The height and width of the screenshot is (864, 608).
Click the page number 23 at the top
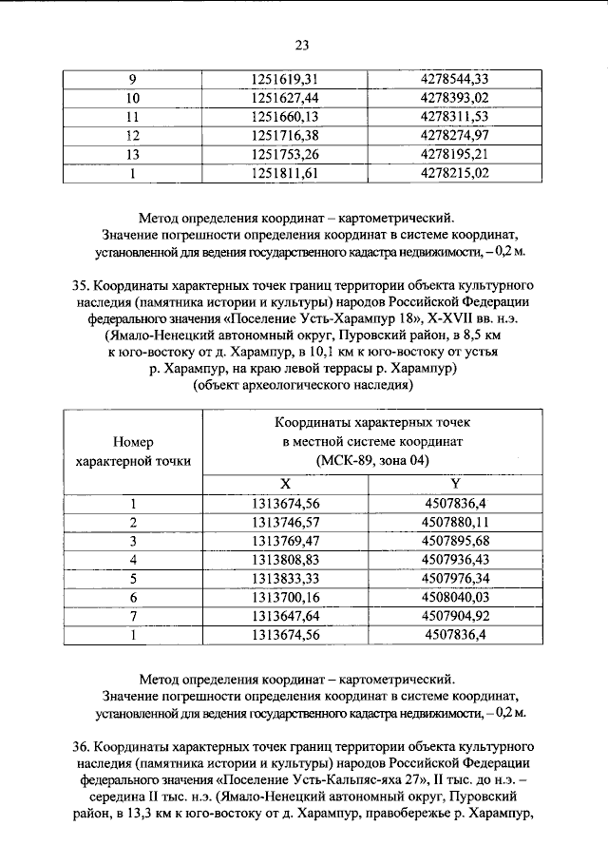303,45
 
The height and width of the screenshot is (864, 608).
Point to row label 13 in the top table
132,154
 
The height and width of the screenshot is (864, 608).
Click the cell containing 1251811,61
283,173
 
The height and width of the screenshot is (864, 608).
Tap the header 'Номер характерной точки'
132,451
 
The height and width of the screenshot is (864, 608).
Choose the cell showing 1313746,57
283,523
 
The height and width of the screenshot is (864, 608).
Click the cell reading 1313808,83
283,560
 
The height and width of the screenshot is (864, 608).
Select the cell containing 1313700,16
283,597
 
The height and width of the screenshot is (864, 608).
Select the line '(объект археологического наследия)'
303,387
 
